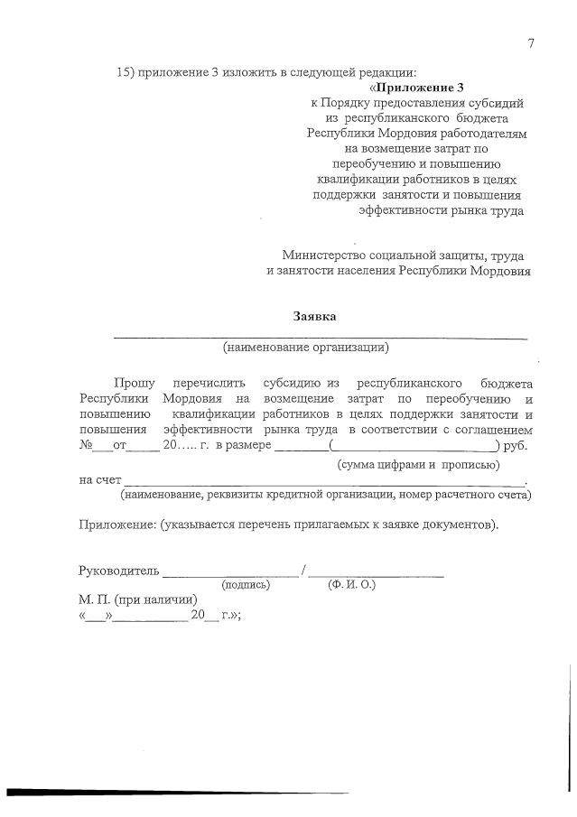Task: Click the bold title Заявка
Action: coord(316,316)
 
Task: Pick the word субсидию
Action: coord(286,384)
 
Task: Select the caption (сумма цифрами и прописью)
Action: coord(418,464)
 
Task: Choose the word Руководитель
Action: coord(119,570)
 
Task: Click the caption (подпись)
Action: coord(246,585)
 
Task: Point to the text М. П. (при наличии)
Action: coord(137,599)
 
